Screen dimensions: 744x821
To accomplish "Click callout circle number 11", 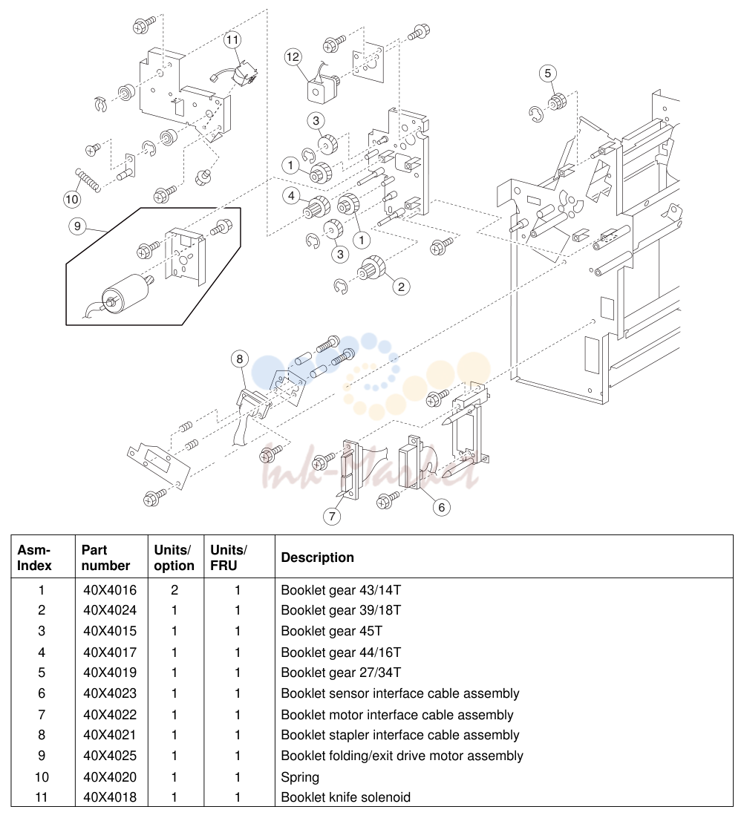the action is point(232,40).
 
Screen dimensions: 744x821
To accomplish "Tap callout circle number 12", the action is point(293,56).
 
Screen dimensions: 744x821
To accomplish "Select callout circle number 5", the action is point(548,73).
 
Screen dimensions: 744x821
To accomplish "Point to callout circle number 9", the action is point(77,226).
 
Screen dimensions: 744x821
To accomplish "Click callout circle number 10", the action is point(72,199).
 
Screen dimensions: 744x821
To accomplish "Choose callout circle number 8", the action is point(240,359).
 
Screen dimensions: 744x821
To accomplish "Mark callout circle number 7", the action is point(332,516).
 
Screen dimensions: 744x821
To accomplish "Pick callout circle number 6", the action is point(441,507).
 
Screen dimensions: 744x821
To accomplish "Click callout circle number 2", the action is point(401,287).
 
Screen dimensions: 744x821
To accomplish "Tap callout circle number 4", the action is point(291,196).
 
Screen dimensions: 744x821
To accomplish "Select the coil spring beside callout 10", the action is point(88,180).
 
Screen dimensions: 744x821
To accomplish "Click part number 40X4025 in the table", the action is point(110,756).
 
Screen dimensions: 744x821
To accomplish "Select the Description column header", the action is point(317,557).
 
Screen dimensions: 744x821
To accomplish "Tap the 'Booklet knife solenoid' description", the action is point(345,797).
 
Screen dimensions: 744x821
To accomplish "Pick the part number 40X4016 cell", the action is point(110,590).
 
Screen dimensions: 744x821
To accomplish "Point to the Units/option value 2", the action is point(174,590).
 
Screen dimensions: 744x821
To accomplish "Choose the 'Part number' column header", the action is point(105,557).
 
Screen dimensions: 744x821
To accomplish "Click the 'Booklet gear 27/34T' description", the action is point(341,673).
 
